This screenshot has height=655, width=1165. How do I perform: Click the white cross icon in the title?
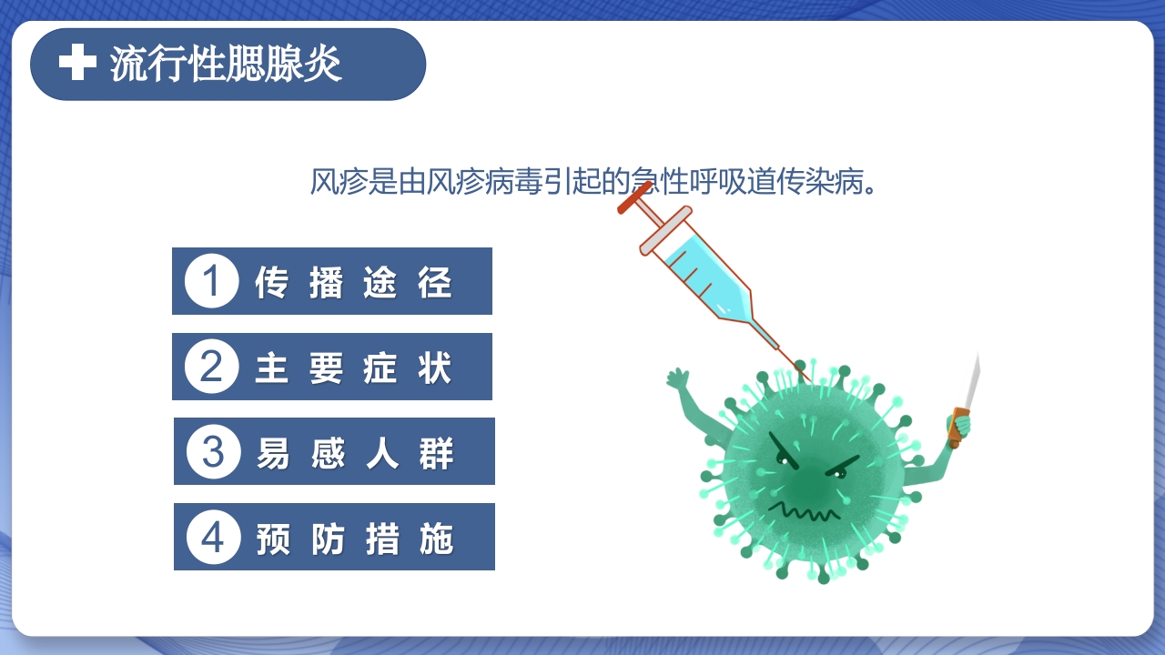77,63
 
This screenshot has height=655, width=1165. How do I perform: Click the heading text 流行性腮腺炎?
226,64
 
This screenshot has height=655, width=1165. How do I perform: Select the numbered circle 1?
211,281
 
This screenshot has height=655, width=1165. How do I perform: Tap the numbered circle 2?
211,367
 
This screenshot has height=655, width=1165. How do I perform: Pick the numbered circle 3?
213,451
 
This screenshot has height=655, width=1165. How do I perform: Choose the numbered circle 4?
213,537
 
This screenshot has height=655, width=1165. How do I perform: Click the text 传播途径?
353,282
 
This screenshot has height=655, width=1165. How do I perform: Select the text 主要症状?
353,368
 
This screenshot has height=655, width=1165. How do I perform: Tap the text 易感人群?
354,452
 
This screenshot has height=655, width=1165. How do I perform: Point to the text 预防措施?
354,538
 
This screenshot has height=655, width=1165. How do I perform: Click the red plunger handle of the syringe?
635,197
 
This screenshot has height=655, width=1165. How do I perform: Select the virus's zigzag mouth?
804,511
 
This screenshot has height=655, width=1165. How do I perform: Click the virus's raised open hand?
678,380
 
